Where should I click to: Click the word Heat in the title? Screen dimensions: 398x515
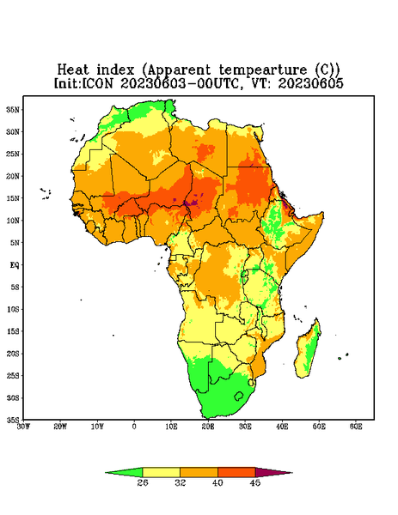pos(73,70)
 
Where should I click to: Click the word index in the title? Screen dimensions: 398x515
pos(116,70)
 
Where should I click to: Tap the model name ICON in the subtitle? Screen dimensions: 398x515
pos(97,83)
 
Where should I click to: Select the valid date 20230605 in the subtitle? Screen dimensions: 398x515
pos(311,83)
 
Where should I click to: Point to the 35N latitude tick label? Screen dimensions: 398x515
pos(13,110)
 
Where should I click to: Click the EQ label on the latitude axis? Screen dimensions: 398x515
pos(15,265)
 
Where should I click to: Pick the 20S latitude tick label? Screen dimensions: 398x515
pos(13,354)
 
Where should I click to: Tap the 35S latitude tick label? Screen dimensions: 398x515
pos(13,420)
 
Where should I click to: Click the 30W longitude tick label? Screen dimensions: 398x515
pos(23,427)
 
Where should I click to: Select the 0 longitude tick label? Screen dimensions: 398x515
pos(134,427)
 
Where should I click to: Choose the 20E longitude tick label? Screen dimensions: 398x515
pos(208,427)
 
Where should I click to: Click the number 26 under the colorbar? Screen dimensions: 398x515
pos(143,482)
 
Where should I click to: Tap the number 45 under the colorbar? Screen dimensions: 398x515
pos(255,482)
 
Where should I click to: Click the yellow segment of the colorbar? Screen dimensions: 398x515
pos(161,473)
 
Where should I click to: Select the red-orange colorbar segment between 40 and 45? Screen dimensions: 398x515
pos(236,473)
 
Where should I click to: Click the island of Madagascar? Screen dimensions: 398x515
pos(309,350)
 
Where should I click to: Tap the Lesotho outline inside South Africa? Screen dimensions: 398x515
pos(239,396)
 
